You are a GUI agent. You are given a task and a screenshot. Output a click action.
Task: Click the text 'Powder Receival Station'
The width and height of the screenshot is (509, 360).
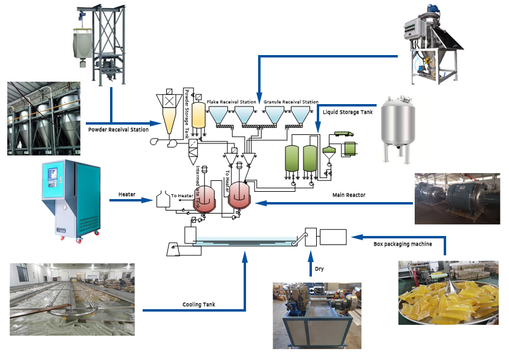click(118, 129)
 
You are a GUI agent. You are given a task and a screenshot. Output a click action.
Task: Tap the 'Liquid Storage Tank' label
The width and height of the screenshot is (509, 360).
click(348, 112)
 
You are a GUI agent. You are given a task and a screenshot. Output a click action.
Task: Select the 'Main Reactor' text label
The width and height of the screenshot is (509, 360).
click(349, 195)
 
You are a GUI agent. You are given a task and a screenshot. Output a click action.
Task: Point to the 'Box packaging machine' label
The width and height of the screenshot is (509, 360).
click(402, 244)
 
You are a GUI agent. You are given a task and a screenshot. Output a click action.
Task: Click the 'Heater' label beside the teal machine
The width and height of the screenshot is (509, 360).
click(126, 195)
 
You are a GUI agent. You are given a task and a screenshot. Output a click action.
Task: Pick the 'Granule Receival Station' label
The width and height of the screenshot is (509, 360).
click(291, 102)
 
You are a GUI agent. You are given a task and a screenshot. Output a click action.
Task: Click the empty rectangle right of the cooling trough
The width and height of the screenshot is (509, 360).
click(333, 237)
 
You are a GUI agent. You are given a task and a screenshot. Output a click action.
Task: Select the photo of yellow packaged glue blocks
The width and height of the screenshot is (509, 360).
click(448, 293)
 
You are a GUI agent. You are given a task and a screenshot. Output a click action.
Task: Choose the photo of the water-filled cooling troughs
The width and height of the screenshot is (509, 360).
click(72, 299)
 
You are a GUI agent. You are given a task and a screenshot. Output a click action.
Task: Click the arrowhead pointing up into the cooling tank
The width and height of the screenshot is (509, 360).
click(245, 257)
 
